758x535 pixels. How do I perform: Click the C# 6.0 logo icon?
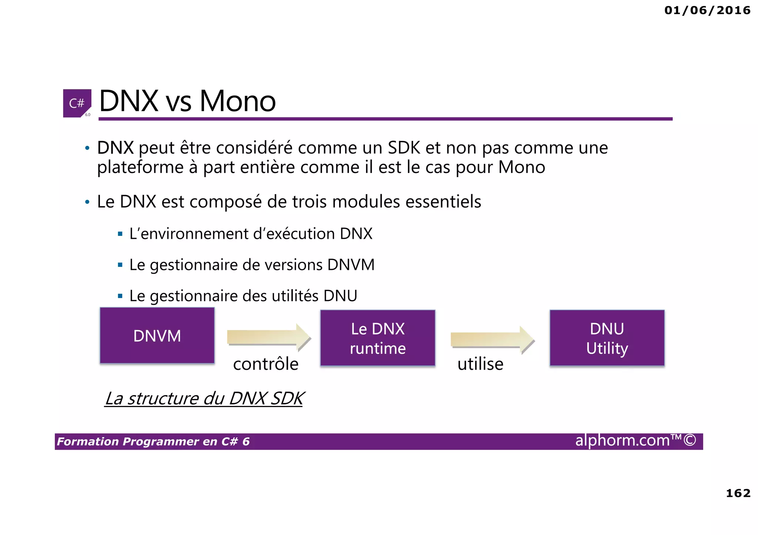click(x=77, y=103)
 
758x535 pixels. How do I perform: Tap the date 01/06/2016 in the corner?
click(x=707, y=10)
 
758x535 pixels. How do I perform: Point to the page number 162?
click(x=738, y=493)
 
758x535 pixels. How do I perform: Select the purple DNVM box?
click(x=157, y=336)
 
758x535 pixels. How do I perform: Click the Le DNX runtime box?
click(x=378, y=338)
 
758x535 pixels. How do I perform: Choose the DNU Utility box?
click(x=607, y=338)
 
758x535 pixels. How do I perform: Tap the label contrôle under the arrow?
click(x=266, y=364)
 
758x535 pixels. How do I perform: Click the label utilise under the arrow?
click(x=480, y=364)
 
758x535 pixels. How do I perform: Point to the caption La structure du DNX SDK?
click(x=204, y=398)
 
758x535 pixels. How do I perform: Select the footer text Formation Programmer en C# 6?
click(x=153, y=441)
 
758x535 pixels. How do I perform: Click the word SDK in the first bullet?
click(x=404, y=148)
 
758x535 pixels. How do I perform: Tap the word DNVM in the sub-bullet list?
click(x=351, y=265)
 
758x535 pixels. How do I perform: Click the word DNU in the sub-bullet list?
click(x=340, y=296)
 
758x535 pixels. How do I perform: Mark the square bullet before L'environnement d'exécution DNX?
click(x=120, y=234)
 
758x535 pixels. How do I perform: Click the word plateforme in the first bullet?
click(x=140, y=167)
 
